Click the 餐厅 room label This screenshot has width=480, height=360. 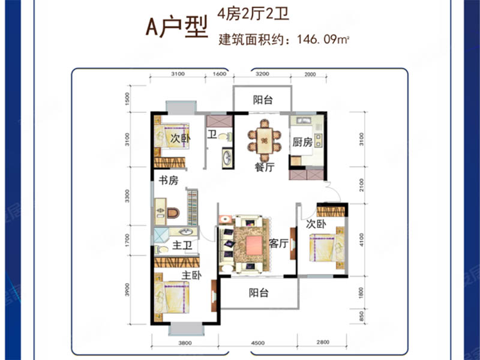click(x=264, y=168)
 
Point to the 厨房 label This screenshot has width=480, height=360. click(x=302, y=143)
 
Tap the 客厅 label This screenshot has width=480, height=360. click(x=279, y=244)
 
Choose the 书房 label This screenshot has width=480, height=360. click(x=168, y=179)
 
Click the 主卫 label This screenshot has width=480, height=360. click(x=182, y=245)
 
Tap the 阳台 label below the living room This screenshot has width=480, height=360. click(x=259, y=293)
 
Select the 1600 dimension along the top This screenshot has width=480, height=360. click(x=219, y=74)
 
